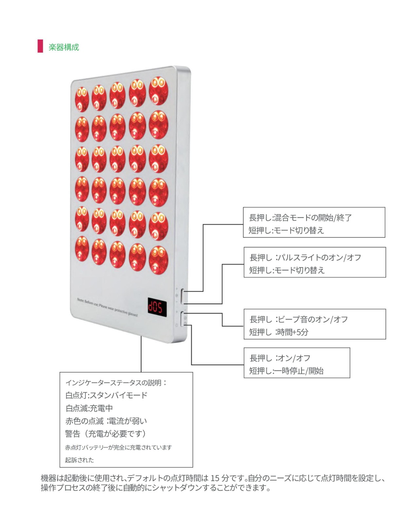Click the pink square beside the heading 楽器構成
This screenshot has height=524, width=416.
(x=40, y=46)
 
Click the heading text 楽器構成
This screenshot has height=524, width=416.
(x=64, y=47)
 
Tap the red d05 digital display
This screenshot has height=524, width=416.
(x=157, y=307)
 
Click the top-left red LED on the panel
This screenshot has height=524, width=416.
(x=82, y=99)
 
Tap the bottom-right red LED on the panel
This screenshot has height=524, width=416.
(x=159, y=260)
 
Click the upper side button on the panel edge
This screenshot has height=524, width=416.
(x=182, y=296)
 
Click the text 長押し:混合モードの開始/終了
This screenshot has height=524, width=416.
(x=300, y=217)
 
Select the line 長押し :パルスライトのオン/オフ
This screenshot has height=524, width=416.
(x=305, y=257)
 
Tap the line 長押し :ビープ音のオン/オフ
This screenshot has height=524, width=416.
(x=299, y=319)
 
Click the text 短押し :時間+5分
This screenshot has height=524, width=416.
(x=279, y=332)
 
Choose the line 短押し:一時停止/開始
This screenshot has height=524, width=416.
(x=286, y=371)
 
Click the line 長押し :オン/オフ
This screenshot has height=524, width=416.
(x=280, y=358)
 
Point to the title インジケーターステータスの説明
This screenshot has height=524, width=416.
(x=116, y=383)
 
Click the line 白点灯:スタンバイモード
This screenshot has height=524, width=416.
(x=106, y=395)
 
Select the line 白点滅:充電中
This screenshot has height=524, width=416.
(x=89, y=408)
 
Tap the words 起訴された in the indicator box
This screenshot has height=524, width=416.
(x=79, y=460)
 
